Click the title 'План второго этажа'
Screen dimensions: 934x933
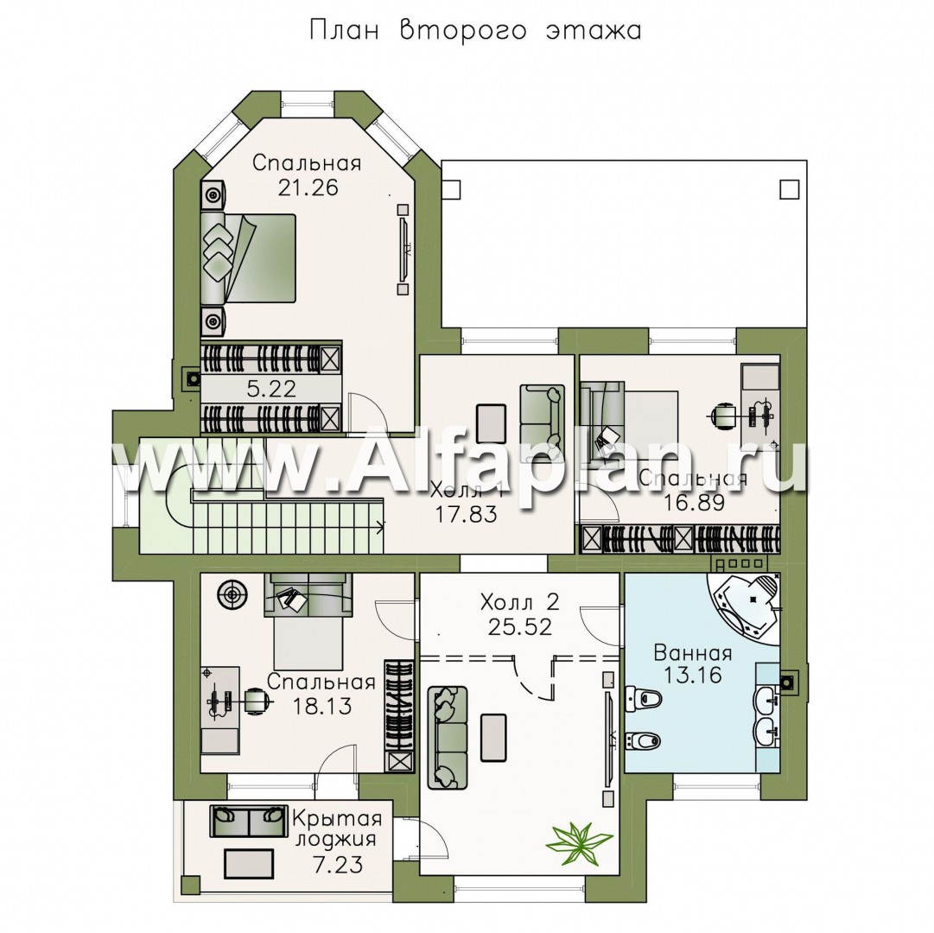point(474,30)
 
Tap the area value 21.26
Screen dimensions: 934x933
point(308,187)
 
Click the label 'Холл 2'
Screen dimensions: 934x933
point(520,602)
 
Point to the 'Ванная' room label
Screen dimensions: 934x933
point(693,653)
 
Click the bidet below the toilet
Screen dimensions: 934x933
point(644,740)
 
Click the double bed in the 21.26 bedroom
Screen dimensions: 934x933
point(248,257)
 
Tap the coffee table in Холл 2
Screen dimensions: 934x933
point(493,737)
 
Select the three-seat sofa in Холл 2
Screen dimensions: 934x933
point(448,737)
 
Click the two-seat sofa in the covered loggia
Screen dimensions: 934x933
point(247,820)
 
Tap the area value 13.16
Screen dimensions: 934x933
point(693,676)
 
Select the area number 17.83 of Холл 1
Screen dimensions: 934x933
point(467,514)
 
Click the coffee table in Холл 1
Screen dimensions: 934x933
point(492,423)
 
